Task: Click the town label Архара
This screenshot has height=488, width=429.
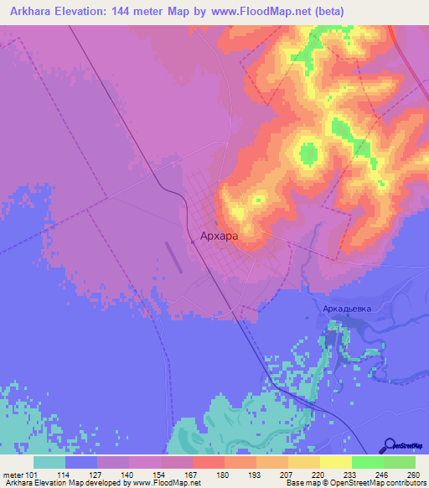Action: coord(220,237)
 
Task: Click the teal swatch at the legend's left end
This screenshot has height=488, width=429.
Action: coord(49,463)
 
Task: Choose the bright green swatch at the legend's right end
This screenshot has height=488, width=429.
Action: coord(399,463)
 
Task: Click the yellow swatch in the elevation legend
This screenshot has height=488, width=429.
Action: coord(335,463)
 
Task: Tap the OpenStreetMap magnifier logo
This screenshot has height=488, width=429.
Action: coord(389,445)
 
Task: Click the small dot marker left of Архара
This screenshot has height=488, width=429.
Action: coord(193,241)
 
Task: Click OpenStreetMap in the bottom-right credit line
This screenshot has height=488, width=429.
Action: coord(343,483)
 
